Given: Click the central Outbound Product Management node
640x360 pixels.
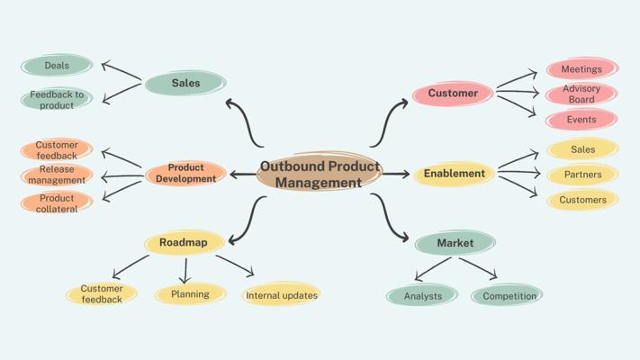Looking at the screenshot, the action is (x=320, y=174).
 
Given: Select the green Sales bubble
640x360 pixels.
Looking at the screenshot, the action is (x=185, y=83).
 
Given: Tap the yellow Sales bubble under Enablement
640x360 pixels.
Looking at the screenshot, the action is (x=582, y=149).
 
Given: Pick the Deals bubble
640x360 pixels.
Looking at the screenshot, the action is (x=57, y=66).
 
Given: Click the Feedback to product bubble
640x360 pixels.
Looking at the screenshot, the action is (x=57, y=99).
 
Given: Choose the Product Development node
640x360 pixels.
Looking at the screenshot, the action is (x=185, y=173).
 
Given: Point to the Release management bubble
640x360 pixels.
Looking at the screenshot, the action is (x=57, y=175).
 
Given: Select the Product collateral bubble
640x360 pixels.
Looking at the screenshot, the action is (x=57, y=202).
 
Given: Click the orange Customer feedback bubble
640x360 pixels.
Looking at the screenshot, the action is (x=57, y=149).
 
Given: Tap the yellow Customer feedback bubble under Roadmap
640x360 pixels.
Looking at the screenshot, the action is (x=102, y=293).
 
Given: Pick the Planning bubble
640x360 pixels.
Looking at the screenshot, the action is (x=190, y=294).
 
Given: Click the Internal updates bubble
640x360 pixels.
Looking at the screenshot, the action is (x=282, y=295).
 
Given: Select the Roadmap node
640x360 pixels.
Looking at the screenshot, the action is (x=184, y=242).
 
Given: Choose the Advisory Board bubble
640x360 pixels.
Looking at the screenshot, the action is (x=581, y=94).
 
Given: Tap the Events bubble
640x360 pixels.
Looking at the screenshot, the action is (x=581, y=120).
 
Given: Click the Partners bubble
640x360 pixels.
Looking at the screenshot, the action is (x=582, y=175).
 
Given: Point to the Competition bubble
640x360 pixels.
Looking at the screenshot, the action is (x=507, y=295).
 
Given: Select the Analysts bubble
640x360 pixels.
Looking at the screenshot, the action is (x=422, y=295).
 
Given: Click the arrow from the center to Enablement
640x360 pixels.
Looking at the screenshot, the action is (x=396, y=174).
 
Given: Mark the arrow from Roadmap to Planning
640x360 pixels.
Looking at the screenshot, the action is (x=185, y=270).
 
